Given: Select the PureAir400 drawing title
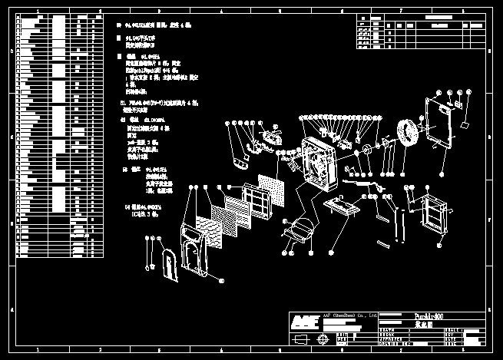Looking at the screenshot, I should tap(429, 316).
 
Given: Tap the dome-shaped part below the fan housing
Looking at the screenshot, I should tap(300, 228).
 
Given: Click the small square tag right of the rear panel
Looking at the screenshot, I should tap(465, 125).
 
